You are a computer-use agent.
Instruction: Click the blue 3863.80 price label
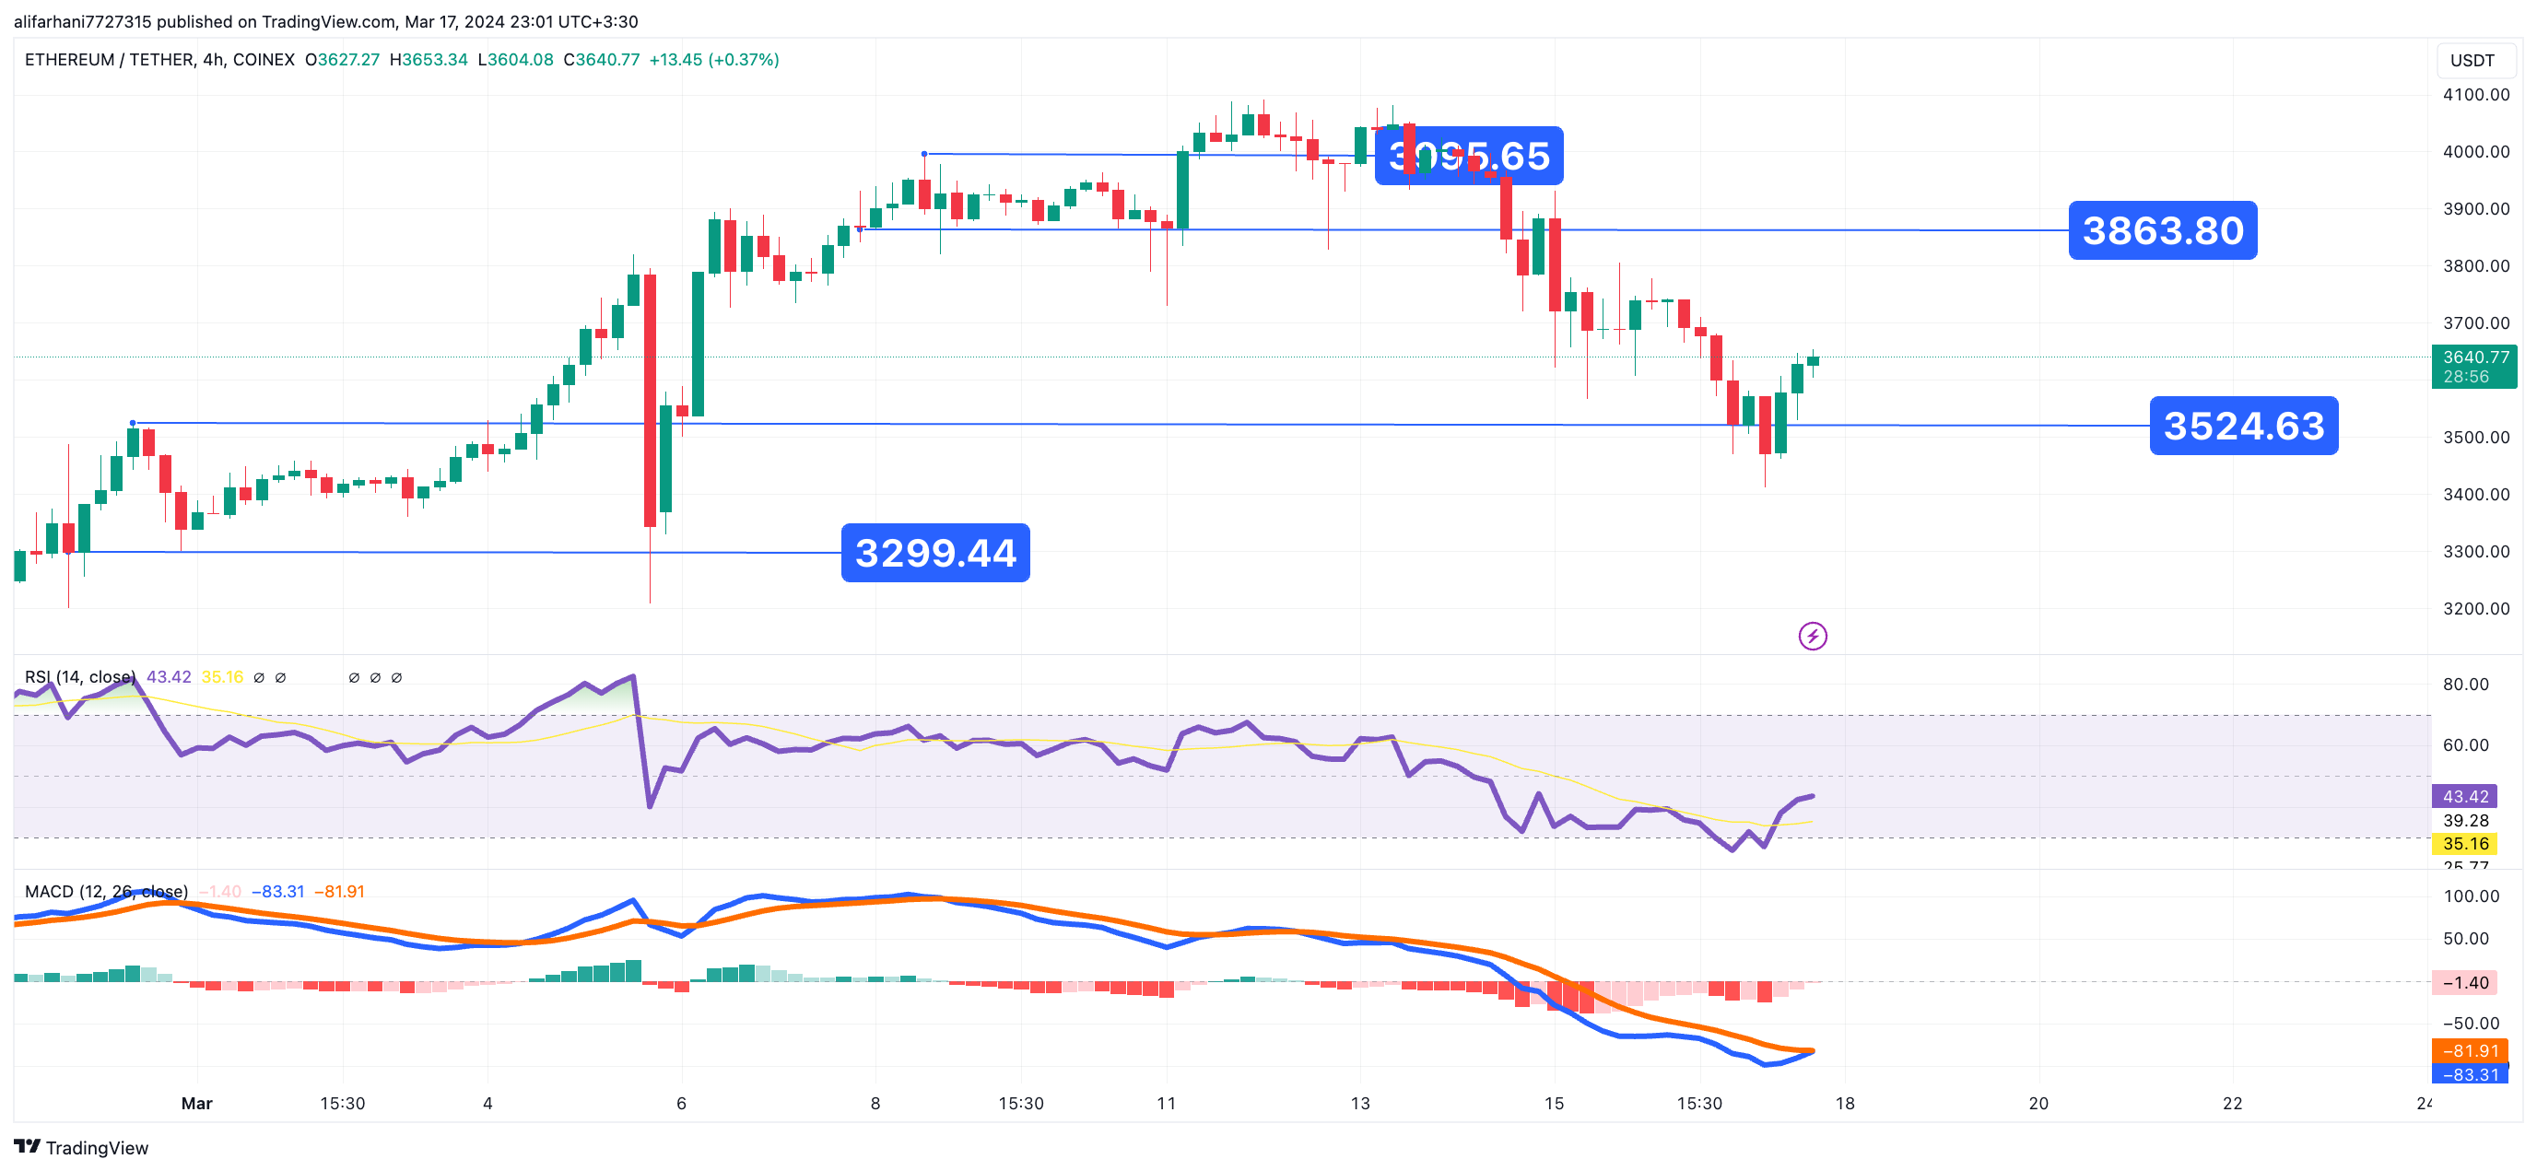pyautogui.click(x=2162, y=230)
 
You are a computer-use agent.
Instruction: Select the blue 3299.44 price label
pyautogui.click(x=934, y=553)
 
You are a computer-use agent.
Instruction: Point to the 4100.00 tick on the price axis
pyautogui.click(x=2475, y=95)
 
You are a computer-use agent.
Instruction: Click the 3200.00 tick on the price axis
pyautogui.click(x=2475, y=609)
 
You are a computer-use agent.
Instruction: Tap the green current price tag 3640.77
pyautogui.click(x=2474, y=367)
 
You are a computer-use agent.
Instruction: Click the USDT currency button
pyautogui.click(x=2471, y=60)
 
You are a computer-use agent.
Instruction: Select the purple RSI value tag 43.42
pyautogui.click(x=2464, y=796)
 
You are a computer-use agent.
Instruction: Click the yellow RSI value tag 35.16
pyautogui.click(x=2464, y=843)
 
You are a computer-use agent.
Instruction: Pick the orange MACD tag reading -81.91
pyautogui.click(x=2470, y=1051)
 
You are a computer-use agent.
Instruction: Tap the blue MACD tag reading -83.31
pyautogui.click(x=2470, y=1073)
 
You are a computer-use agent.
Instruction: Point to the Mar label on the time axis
pyautogui.click(x=196, y=1103)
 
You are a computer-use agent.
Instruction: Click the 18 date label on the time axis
pyautogui.click(x=1844, y=1103)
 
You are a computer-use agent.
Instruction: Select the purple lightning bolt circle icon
pyautogui.click(x=1812, y=637)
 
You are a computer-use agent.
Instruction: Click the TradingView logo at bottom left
pyautogui.click(x=81, y=1147)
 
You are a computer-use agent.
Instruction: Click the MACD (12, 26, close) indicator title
pyautogui.click(x=105, y=891)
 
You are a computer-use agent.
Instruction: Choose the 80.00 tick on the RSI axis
pyautogui.click(x=2464, y=685)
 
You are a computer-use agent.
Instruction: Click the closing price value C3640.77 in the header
pyautogui.click(x=601, y=60)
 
